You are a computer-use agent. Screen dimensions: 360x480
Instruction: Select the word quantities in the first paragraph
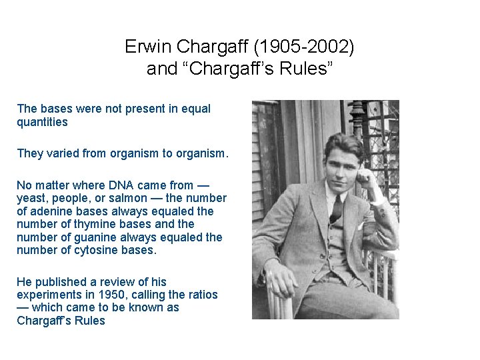coord(42,122)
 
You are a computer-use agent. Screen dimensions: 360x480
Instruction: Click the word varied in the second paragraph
coord(63,153)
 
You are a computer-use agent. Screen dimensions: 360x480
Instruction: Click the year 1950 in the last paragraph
coord(111,295)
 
